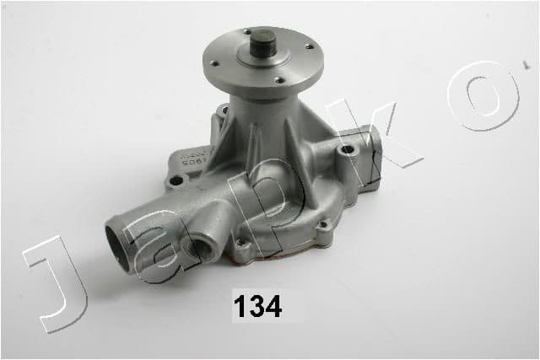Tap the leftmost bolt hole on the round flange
coord(215,62)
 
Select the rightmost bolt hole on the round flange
coord(310,46)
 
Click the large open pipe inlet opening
coord(120,247)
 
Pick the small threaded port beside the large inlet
coord(204,249)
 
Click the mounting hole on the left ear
coord(176,180)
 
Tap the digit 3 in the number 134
coord(257,306)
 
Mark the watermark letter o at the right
coord(489,94)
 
